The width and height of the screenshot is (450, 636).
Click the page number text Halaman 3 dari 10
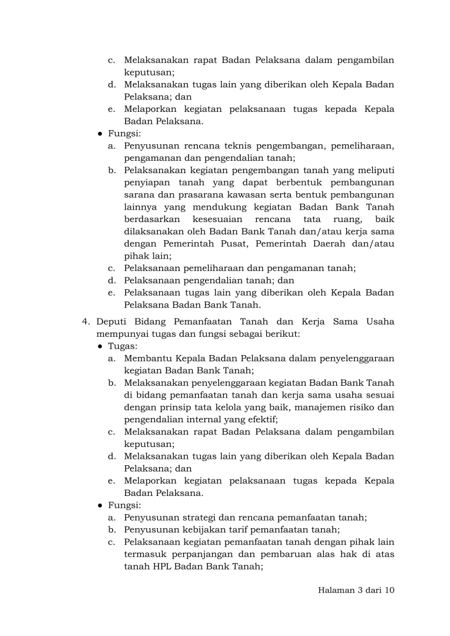tap(352, 591)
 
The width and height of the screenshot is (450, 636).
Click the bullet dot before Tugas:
tap(100, 346)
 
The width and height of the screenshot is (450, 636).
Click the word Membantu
tap(147, 358)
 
